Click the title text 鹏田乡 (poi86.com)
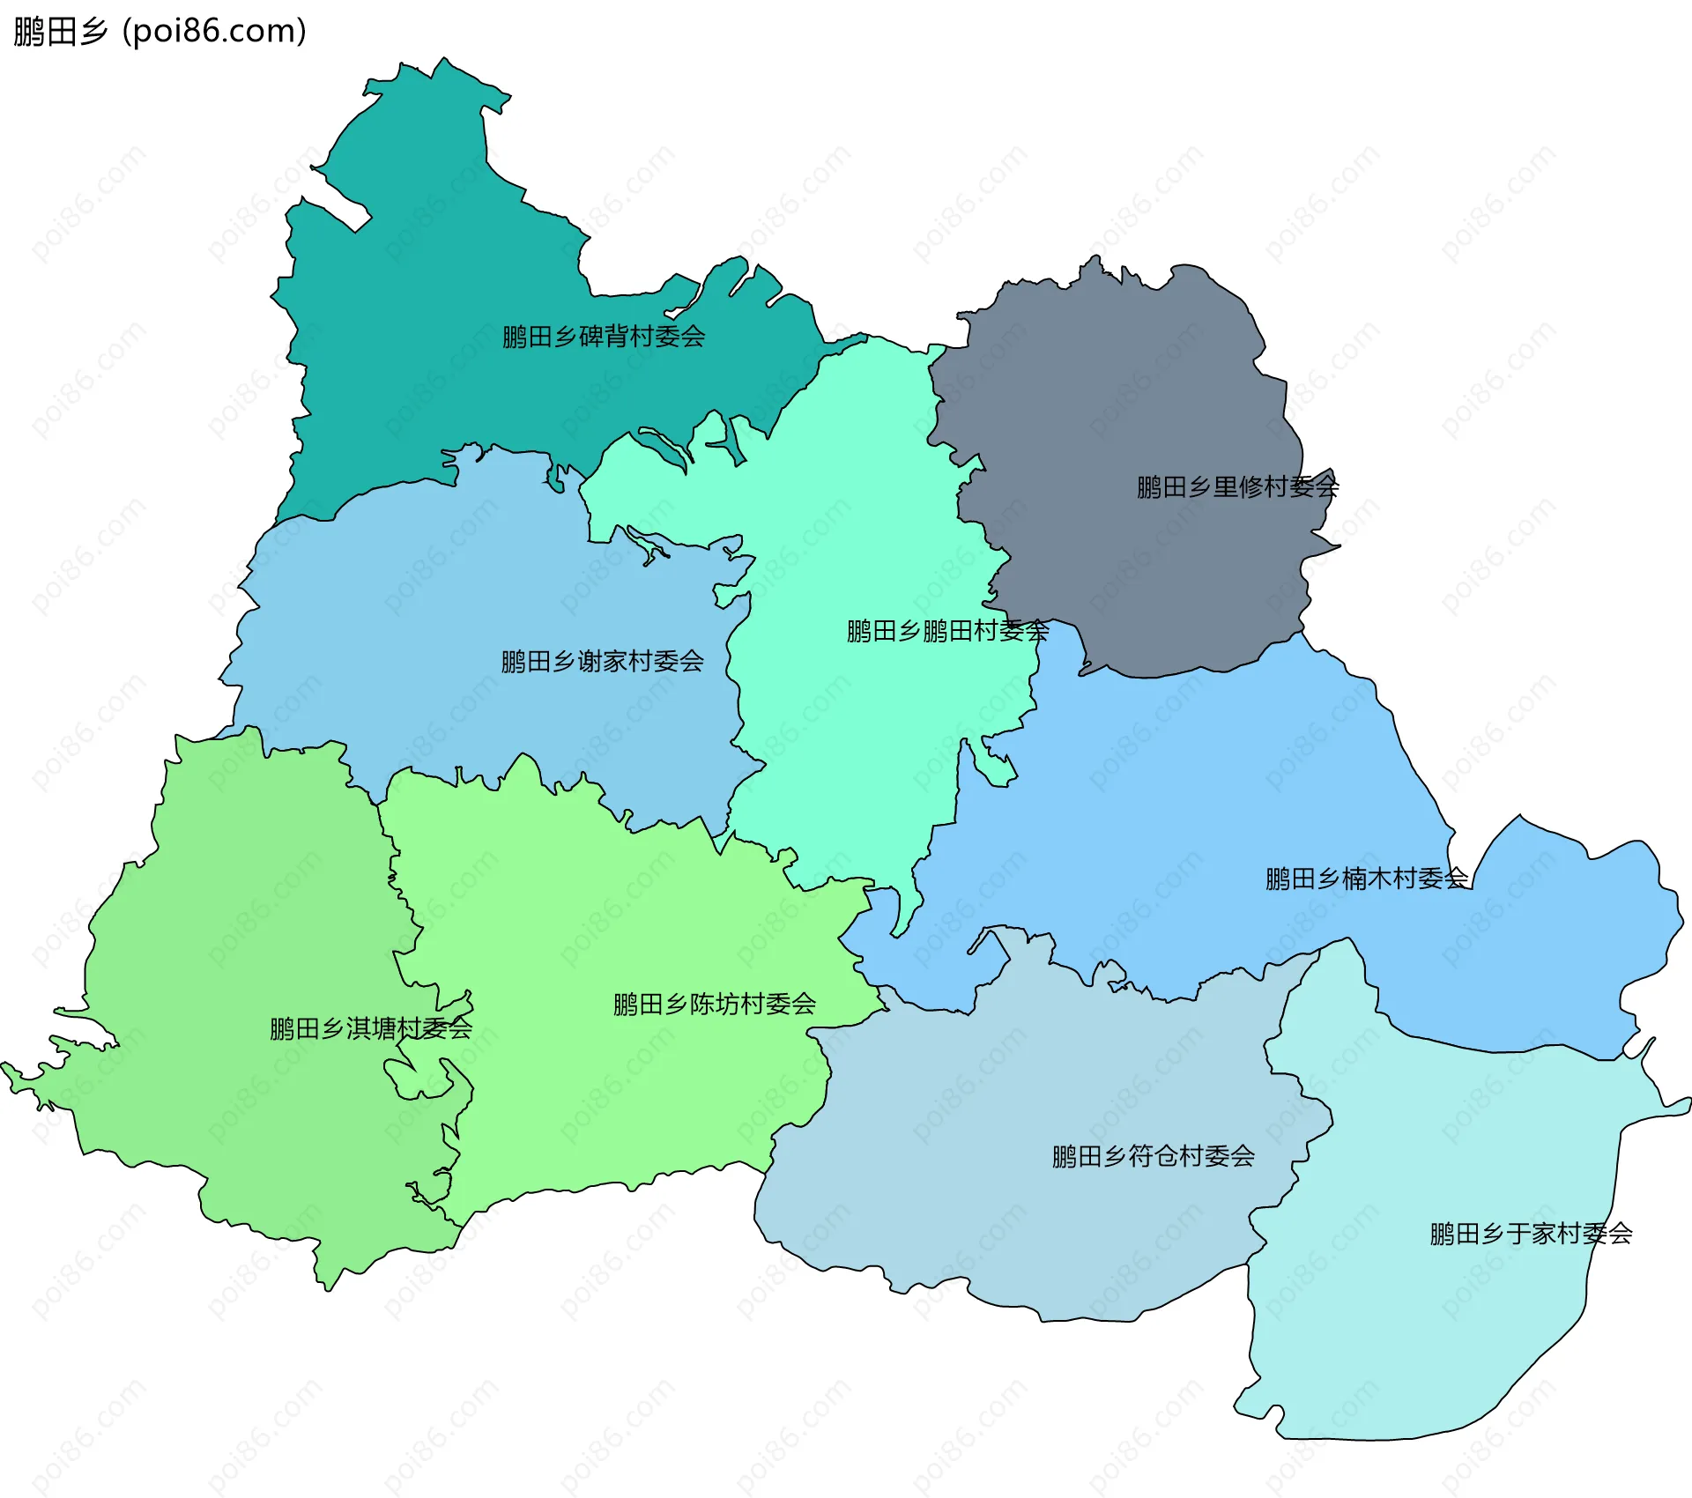[160, 31]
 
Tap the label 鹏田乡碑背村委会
[604, 337]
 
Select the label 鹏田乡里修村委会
[1237, 486]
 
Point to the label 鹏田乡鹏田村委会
[947, 631]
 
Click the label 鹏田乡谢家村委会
[602, 661]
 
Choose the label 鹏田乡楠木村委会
[1366, 879]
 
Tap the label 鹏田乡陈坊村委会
[714, 1004]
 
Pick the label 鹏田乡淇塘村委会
[371, 1028]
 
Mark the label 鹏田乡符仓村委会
[1153, 1156]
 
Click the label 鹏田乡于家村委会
[1531, 1234]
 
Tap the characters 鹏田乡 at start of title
[60, 31]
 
